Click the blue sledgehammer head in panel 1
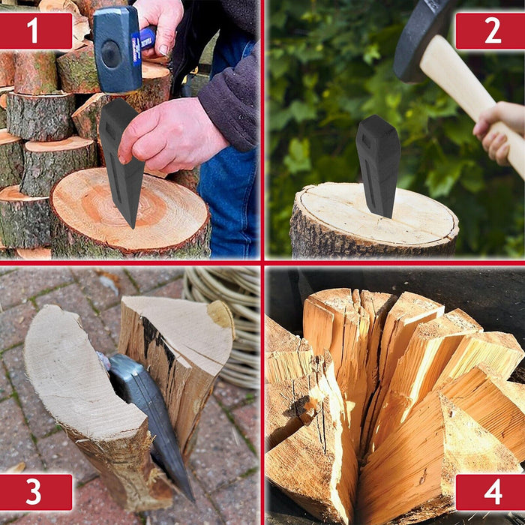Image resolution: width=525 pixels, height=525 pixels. coord(116,49)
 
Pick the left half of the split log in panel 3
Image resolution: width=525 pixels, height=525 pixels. coord(82,390)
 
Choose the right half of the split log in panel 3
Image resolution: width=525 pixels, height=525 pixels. coord(180,352)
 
